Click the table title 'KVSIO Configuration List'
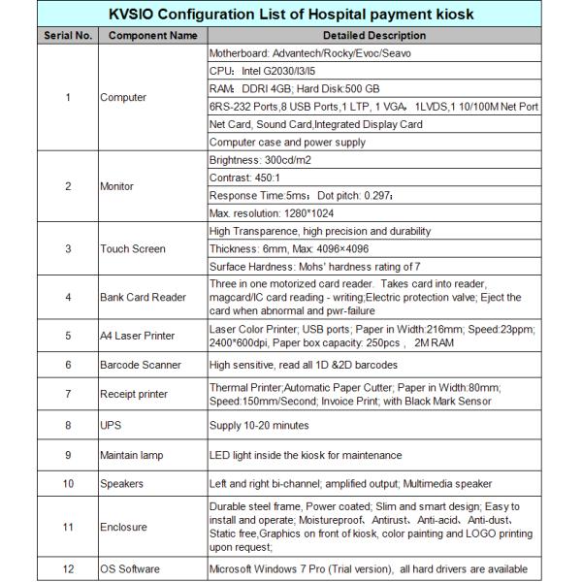coord(291,16)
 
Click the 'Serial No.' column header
coord(67,36)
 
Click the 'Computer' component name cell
coord(123,97)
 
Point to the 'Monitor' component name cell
coord(117,186)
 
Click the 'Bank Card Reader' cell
coord(142,297)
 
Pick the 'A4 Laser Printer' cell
coord(138,336)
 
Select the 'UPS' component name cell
coord(110,424)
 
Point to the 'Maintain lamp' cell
coord(133,454)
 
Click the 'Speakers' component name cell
coord(122,483)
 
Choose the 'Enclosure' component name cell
coord(123,526)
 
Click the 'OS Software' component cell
coord(131,568)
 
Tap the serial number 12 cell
coord(67,568)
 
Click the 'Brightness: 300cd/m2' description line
coord(262,160)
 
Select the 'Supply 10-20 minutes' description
coord(261,424)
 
